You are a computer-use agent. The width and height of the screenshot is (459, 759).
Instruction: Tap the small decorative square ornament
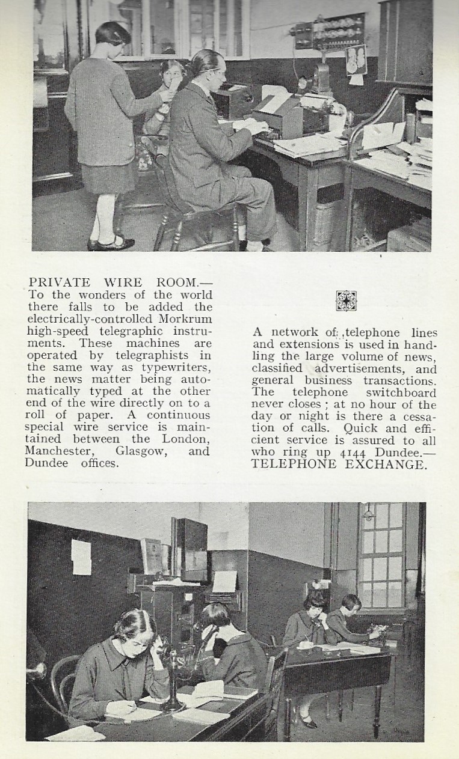click(345, 300)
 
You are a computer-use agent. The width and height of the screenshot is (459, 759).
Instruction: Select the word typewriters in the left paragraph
click(177, 367)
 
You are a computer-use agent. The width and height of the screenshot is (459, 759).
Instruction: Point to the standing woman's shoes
click(111, 243)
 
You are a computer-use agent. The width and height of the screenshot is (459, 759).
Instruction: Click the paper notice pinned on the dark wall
click(81, 556)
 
